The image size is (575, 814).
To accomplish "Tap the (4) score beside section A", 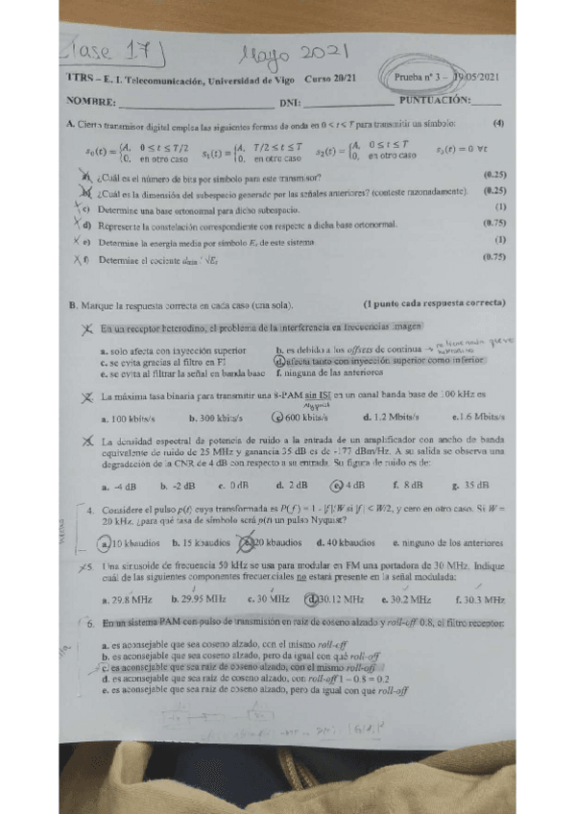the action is (498, 124).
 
